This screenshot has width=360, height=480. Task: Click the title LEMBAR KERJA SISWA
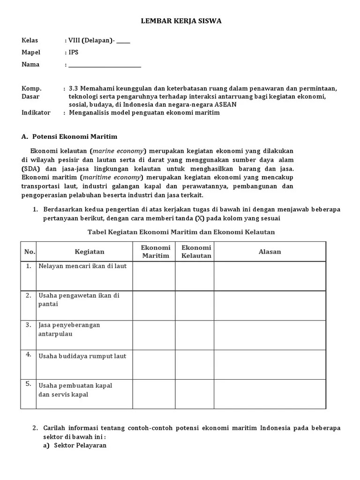(x=181, y=21)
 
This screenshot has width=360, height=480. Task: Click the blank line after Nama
(x=105, y=65)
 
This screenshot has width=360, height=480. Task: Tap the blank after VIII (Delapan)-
(x=123, y=41)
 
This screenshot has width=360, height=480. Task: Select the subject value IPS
(x=73, y=52)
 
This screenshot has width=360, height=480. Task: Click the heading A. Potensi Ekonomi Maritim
(x=69, y=136)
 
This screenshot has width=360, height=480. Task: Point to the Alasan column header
(x=270, y=252)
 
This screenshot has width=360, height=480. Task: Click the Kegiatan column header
(x=90, y=252)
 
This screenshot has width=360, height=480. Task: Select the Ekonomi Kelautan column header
(x=196, y=252)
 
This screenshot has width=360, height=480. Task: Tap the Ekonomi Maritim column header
(x=156, y=252)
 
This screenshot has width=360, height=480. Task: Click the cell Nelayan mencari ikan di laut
(x=82, y=266)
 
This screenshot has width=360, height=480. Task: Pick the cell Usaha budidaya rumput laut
(x=82, y=356)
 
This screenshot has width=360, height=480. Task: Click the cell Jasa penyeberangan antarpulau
(x=69, y=330)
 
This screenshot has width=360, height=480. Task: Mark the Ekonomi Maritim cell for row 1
(x=154, y=276)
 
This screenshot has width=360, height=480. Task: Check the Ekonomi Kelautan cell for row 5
(x=195, y=394)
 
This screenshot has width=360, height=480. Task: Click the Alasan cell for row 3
(x=270, y=335)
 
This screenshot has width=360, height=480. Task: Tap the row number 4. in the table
(x=28, y=354)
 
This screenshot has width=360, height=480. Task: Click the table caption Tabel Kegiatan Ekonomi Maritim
(x=181, y=232)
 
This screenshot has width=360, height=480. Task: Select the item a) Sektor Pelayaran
(x=75, y=445)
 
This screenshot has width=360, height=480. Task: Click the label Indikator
(x=36, y=112)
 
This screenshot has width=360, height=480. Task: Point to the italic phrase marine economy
(x=119, y=151)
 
